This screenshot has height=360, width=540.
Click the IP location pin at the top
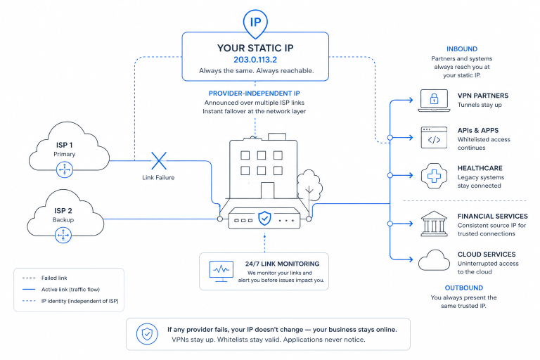(255, 23)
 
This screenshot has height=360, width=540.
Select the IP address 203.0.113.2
(255, 60)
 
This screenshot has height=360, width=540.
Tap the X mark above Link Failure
(159, 161)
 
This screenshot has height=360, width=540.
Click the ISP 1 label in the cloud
(65, 145)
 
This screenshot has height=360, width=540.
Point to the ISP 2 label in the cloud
(63, 211)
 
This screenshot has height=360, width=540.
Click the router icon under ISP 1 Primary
(65, 169)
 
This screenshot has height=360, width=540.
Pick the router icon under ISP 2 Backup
(63, 236)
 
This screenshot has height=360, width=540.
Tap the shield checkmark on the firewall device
(264, 218)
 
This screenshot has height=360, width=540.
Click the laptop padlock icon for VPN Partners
(434, 101)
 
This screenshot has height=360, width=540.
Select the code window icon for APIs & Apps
(434, 138)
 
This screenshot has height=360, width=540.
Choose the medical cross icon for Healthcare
(434, 176)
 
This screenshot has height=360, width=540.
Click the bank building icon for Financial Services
(434, 224)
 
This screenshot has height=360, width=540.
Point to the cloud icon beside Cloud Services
(434, 260)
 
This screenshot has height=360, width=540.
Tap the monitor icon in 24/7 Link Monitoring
(221, 271)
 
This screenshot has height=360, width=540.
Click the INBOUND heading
(462, 49)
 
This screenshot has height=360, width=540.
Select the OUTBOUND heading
(464, 288)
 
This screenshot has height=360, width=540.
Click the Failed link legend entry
(45, 278)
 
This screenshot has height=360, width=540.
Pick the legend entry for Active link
(61, 290)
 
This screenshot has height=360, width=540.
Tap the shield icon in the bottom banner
(147, 334)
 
